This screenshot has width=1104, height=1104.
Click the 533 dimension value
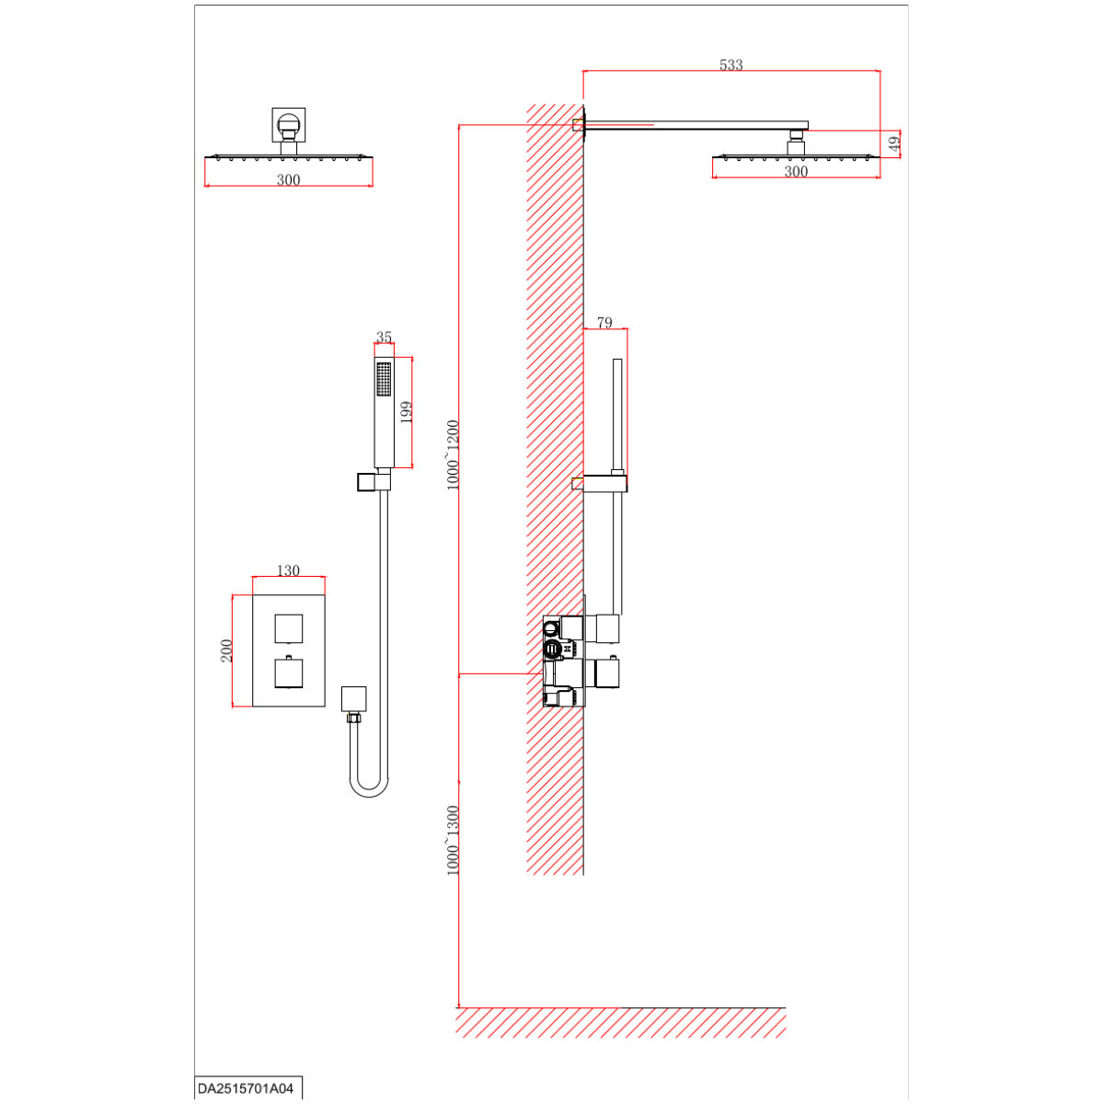pos(731,64)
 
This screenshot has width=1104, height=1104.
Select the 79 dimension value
pos(604,323)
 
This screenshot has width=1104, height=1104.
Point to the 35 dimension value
pos(384,337)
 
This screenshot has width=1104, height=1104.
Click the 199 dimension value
pos(406,412)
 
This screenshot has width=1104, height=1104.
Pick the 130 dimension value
pos(288,570)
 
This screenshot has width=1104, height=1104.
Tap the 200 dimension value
pos(226,650)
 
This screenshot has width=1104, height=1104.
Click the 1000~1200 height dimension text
pos(453,455)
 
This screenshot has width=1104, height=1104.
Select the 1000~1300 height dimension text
pos(453,841)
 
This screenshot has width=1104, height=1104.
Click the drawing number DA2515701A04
pos(246,1088)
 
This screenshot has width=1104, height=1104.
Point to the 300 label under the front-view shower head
pos(288,180)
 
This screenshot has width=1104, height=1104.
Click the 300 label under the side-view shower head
pos(796,171)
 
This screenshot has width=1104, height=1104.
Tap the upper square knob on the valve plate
pos(289,628)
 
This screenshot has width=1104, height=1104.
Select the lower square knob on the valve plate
pos(289,673)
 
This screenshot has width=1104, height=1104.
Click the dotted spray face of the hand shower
pos(384,379)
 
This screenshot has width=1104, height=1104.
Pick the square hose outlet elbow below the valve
pos(353,699)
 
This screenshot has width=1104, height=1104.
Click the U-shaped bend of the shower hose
pos(369,793)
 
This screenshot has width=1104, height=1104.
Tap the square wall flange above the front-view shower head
pos(289,124)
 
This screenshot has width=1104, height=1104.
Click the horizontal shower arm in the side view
pos(696,125)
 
